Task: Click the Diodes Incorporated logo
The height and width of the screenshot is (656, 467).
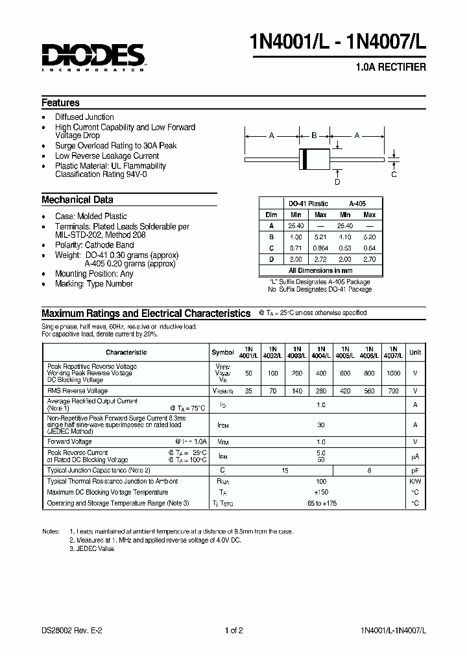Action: point(93,58)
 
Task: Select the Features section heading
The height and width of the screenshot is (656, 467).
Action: point(60,102)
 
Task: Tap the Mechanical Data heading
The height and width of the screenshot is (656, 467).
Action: point(77,200)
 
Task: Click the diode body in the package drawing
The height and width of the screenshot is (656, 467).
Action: point(314,158)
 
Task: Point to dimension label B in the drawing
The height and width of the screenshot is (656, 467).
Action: point(314,135)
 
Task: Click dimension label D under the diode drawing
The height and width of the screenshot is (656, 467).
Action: point(337,183)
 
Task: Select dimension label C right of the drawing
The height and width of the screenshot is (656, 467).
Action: point(393,174)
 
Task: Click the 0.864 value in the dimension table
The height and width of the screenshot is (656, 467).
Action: point(320,248)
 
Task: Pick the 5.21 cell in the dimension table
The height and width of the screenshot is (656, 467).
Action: point(320,237)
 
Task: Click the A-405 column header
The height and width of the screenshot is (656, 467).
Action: point(357,203)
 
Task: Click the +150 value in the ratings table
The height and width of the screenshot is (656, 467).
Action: point(320,492)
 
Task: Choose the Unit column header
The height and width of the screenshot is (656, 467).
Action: point(414,352)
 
